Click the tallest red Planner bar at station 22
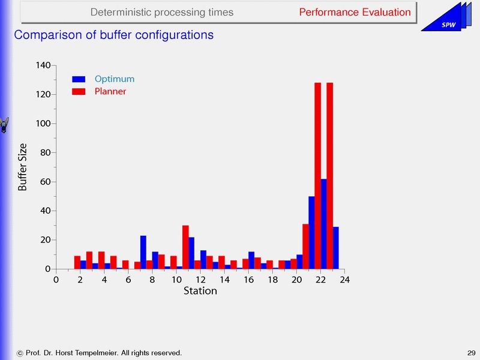(318, 174)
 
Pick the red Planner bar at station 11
(185, 247)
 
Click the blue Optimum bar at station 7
(143, 252)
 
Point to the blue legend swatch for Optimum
(79, 79)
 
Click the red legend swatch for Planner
(79, 92)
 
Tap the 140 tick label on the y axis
(43, 65)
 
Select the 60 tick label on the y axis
(46, 182)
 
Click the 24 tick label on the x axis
(344, 279)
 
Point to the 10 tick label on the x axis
(176, 279)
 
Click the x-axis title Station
(200, 291)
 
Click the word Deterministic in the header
(120, 12)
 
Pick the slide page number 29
(470, 352)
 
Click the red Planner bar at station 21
(305, 246)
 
